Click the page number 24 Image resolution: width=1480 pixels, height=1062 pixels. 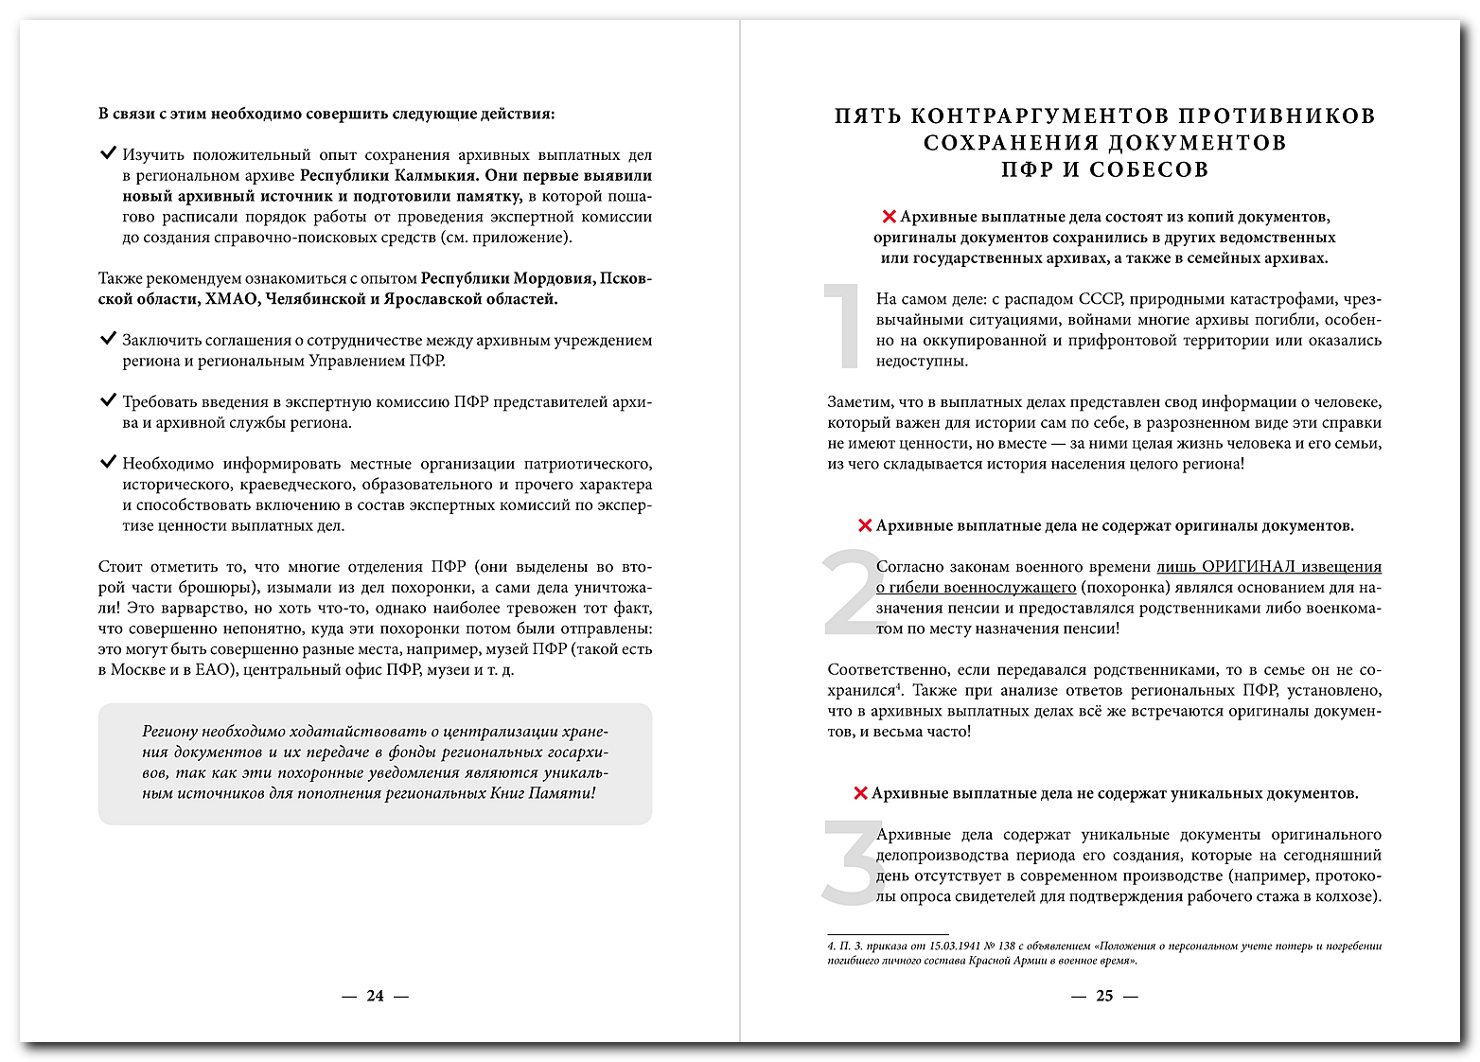(376, 996)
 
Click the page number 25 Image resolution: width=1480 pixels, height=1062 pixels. (1104, 996)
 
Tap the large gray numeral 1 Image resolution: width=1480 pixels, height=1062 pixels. (842, 326)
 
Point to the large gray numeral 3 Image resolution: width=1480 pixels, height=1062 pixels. (851, 861)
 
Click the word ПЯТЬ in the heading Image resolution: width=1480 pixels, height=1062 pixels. (868, 116)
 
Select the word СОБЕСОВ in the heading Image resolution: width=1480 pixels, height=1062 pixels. (1149, 170)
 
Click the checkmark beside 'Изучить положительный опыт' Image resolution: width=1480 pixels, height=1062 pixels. (108, 152)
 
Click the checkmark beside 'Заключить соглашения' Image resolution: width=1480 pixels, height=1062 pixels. (108, 338)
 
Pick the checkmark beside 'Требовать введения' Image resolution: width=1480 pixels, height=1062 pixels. (108, 399)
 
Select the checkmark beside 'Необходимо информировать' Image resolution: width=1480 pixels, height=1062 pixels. (108, 462)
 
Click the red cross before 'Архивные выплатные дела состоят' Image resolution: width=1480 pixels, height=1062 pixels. (889, 218)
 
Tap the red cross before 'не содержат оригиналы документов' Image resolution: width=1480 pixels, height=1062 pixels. (864, 526)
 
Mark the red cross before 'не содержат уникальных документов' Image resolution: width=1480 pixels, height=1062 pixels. (860, 794)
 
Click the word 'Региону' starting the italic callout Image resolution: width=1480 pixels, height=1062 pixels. (169, 732)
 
